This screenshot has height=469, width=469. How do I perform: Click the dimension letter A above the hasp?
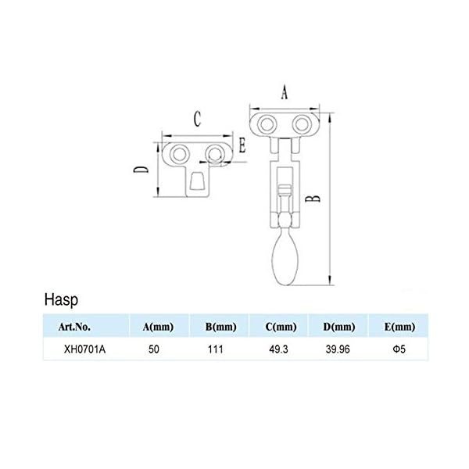284,92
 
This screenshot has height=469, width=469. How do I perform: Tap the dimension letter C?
198,119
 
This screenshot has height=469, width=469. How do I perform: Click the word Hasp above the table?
61,299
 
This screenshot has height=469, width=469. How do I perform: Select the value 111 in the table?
217,350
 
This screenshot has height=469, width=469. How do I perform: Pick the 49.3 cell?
279,350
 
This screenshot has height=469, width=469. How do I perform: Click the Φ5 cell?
399,350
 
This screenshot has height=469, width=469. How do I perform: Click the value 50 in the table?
156,350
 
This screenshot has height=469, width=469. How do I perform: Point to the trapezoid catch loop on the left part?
197,186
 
